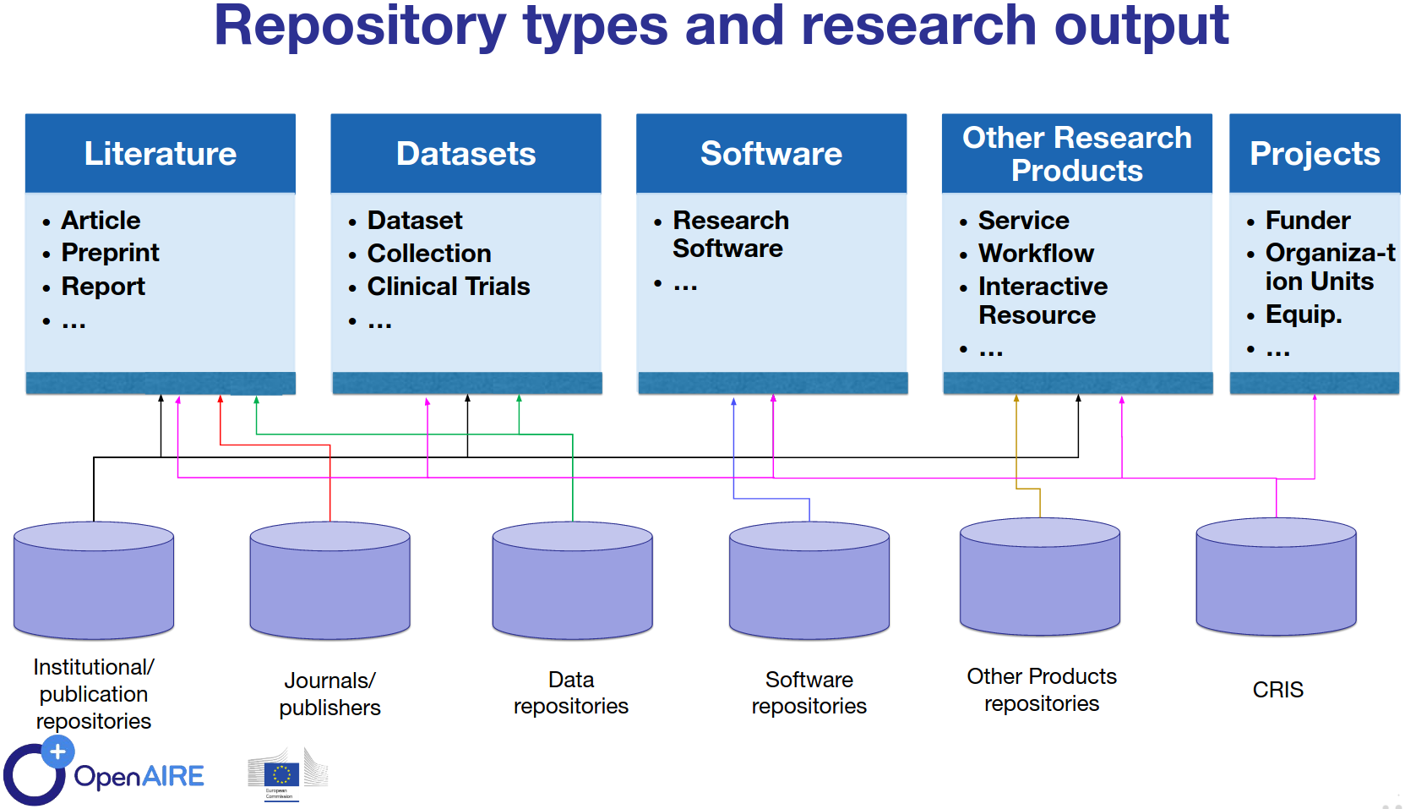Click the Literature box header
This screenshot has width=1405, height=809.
[x=161, y=154]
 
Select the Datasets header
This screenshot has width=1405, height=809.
[x=466, y=154]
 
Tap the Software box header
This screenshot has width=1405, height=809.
[x=771, y=154]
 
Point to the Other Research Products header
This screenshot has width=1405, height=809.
[x=1076, y=154]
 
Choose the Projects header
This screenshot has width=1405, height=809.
[x=1314, y=154]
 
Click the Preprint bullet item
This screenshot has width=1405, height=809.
[x=110, y=253]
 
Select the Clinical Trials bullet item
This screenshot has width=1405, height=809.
[x=448, y=287]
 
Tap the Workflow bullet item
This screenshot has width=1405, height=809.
[x=1036, y=254]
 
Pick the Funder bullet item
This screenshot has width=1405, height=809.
[x=1307, y=221]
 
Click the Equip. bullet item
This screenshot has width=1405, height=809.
[x=1303, y=314]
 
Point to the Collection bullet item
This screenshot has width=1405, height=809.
[x=428, y=254]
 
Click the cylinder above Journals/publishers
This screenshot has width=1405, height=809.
[x=329, y=581]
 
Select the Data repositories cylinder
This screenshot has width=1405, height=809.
[x=572, y=581]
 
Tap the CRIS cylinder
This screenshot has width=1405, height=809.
[x=1276, y=577]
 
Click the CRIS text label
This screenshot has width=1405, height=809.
[x=1277, y=690]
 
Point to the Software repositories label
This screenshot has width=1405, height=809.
[x=809, y=692]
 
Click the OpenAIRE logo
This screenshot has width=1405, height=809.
[x=106, y=774]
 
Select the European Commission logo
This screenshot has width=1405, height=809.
[x=284, y=774]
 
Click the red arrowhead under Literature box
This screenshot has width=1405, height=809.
[x=221, y=399]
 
